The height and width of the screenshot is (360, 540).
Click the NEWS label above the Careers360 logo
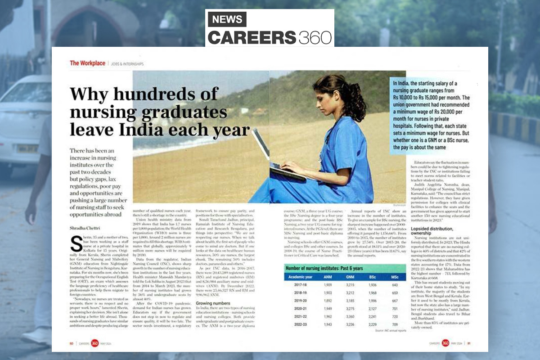click(227, 19)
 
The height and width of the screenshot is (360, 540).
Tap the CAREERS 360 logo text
click(269, 36)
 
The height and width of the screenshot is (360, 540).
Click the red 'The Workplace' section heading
click(87, 63)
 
